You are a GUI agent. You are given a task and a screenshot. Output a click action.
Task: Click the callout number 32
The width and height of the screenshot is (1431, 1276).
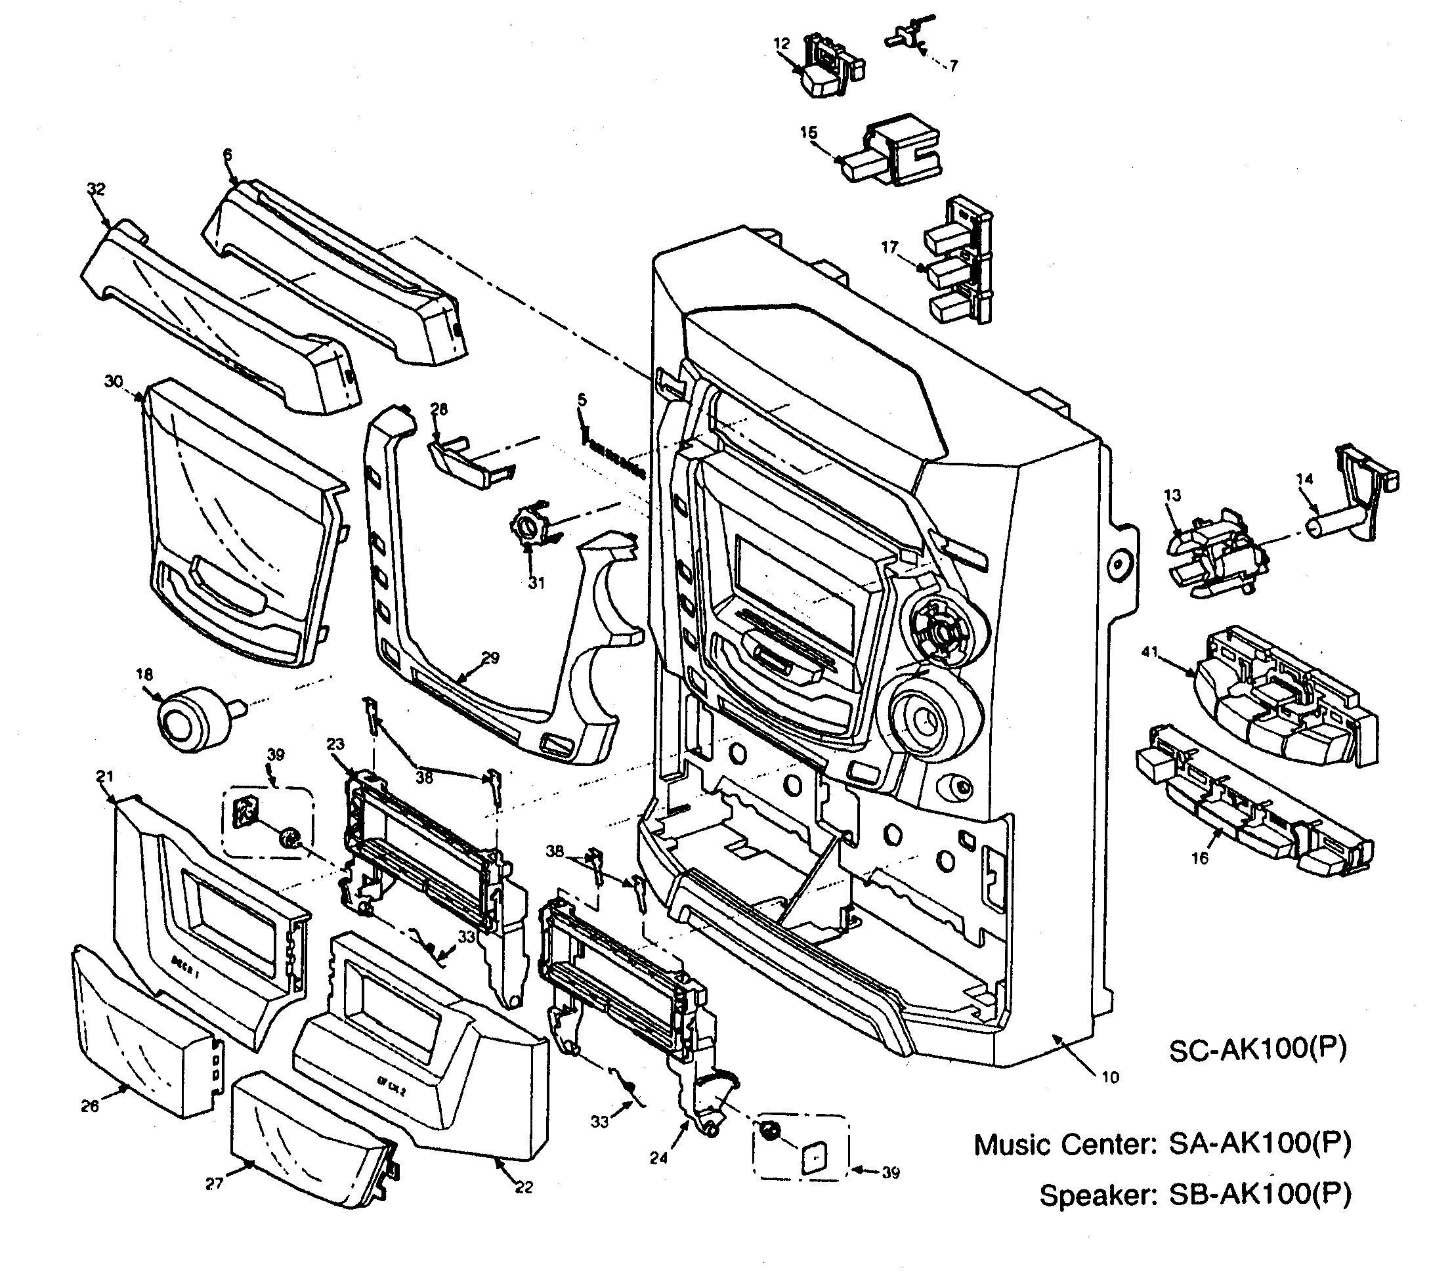coord(96,189)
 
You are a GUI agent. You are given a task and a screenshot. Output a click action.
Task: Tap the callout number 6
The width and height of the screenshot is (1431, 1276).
coord(227,155)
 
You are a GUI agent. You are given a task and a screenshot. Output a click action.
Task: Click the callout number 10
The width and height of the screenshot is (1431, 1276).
coord(1111,1078)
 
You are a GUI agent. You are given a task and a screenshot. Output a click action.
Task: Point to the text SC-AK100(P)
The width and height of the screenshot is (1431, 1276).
coord(1257,1050)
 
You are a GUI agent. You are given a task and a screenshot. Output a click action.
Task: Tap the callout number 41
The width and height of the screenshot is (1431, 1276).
coord(1149,652)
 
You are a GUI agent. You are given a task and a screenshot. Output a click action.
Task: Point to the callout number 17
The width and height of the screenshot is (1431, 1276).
coord(889,247)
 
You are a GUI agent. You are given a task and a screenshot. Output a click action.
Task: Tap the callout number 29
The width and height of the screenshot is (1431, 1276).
coord(491,658)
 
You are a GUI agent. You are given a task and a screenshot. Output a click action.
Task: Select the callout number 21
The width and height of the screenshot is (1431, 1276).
coord(104,776)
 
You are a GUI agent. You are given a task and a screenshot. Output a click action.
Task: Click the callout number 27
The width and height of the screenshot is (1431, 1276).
coord(214,1184)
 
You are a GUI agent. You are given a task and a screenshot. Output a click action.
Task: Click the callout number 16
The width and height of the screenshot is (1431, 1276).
coord(1200,858)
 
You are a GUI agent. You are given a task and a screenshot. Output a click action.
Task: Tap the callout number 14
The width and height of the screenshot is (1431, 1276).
coord(1305,480)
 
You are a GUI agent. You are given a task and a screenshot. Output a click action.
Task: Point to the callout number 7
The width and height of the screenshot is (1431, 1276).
coord(954,66)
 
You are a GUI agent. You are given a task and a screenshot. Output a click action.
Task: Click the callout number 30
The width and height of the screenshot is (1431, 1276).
coord(114,381)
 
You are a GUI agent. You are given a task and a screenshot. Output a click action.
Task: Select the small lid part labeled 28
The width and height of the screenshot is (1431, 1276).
coord(463,464)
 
